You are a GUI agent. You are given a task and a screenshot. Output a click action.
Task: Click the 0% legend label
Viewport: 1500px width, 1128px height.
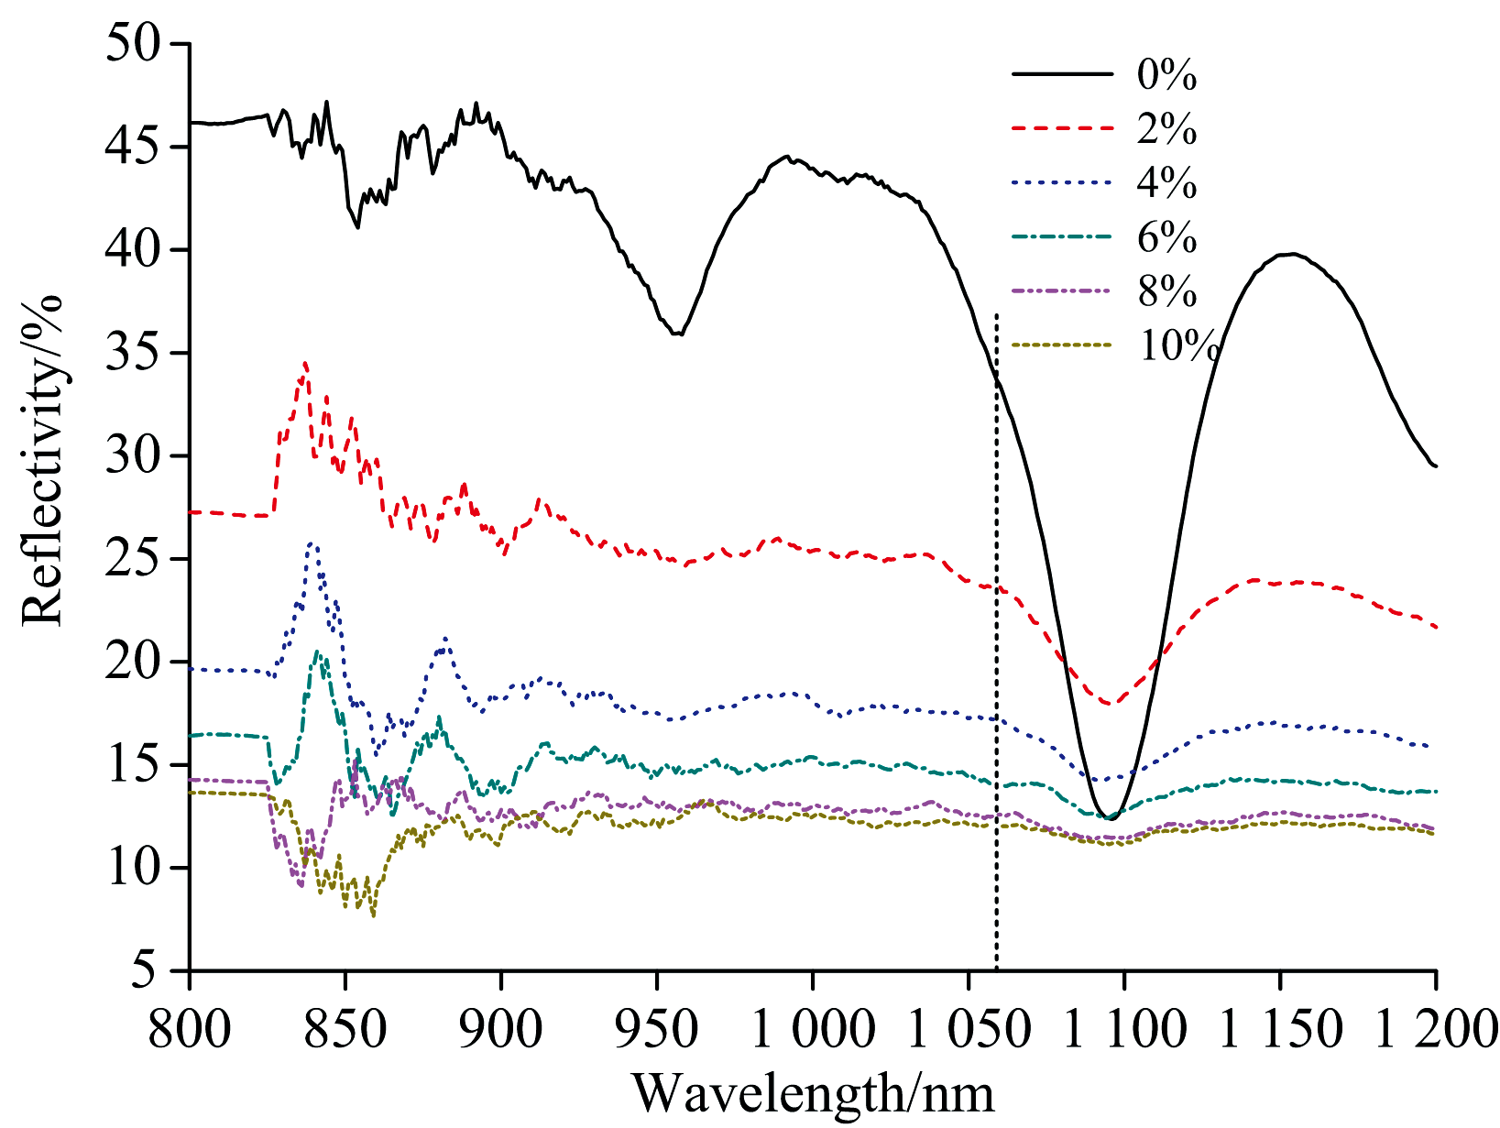[1166, 75]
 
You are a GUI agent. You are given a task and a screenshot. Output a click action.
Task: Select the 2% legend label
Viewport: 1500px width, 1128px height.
[1166, 129]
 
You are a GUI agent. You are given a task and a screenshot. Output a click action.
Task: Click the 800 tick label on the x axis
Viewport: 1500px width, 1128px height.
[190, 1028]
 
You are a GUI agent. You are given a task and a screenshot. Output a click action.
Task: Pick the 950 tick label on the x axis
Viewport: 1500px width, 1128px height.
[657, 1028]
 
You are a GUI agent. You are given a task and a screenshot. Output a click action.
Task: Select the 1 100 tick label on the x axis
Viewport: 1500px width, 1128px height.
[1123, 1028]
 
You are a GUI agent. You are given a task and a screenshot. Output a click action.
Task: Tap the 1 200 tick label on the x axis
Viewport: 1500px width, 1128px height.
[1435, 1028]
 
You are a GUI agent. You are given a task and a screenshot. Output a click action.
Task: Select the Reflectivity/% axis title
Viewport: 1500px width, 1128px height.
[43, 460]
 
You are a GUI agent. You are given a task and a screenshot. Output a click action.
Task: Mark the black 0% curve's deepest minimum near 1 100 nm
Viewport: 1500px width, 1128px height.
[1111, 817]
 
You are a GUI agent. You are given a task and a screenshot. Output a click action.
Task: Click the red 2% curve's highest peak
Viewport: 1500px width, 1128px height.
[306, 364]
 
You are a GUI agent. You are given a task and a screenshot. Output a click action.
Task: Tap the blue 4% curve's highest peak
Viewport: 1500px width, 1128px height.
[312, 543]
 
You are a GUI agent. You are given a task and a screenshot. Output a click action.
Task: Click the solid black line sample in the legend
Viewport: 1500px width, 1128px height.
[1061, 75]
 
